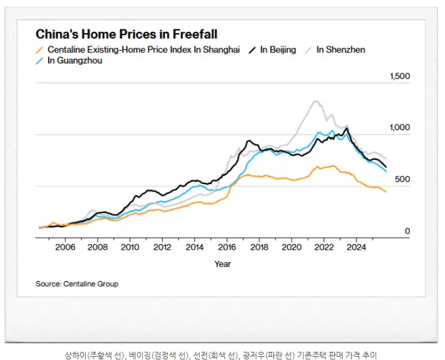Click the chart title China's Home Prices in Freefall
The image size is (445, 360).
[x=126, y=34]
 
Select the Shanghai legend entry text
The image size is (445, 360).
[x=143, y=49]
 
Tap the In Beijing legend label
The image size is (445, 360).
[x=278, y=49]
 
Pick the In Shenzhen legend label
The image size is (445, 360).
[x=340, y=49]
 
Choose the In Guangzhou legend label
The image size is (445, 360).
[x=74, y=61]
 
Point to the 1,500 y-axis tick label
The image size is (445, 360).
[x=399, y=76]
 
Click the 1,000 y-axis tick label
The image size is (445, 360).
[x=399, y=128]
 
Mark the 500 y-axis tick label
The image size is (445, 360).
[x=402, y=180]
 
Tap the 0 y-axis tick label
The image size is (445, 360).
[x=407, y=231]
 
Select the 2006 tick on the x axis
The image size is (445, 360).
[x=66, y=247]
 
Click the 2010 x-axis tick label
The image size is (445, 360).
[x=130, y=247]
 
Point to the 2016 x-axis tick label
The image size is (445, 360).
[x=227, y=247]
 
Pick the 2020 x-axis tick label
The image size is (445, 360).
[x=292, y=247]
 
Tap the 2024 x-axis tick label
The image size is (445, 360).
[x=356, y=247]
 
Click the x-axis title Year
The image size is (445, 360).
[x=222, y=264]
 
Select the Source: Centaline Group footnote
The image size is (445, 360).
[x=77, y=284]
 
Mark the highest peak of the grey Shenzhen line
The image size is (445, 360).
[x=315, y=101]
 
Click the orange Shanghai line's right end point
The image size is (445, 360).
[x=386, y=192]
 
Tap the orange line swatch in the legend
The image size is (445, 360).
[x=40, y=49]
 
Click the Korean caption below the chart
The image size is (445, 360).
[x=222, y=354]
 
